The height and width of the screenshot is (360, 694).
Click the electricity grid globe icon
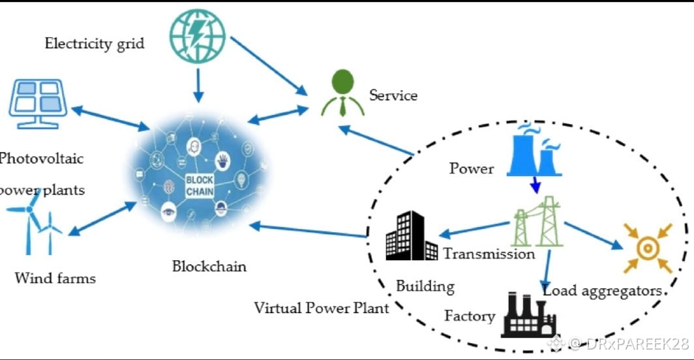(198, 34)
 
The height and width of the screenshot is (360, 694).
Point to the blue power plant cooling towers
(536, 153)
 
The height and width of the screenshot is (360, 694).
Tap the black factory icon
(528, 315)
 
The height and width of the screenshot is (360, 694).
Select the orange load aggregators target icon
(648, 248)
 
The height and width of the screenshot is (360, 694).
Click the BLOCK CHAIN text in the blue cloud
(198, 186)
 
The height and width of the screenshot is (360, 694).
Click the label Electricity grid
(95, 44)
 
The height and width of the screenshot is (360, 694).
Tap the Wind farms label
(55, 278)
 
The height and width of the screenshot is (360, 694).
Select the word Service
(393, 95)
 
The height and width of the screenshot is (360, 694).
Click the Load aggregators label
(602, 291)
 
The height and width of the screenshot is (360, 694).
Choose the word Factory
(469, 316)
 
